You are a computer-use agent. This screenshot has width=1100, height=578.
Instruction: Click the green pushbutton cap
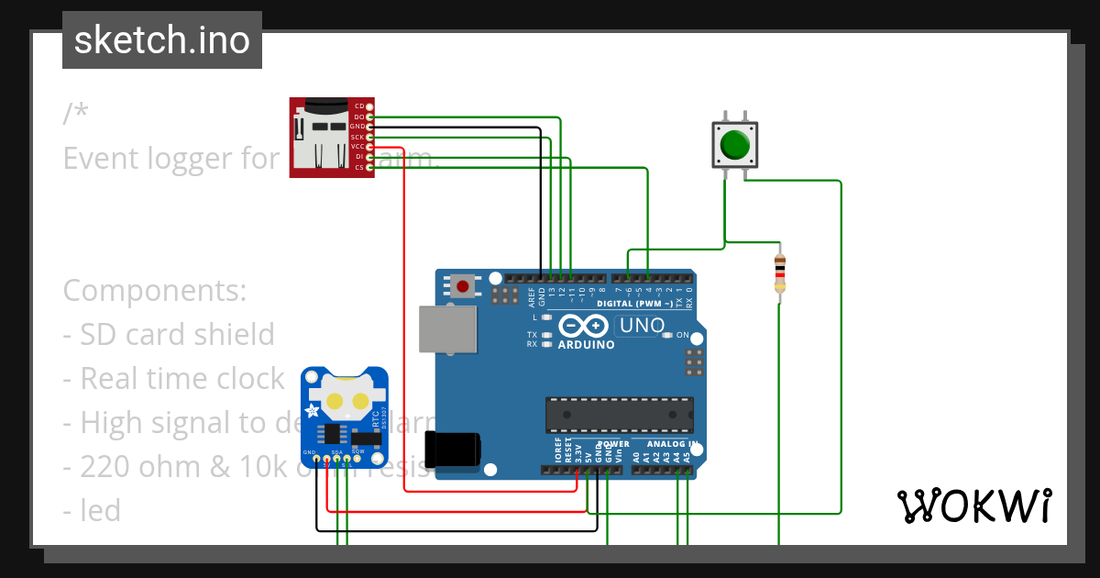tap(735, 145)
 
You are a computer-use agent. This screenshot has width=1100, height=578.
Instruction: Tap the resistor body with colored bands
tap(780, 272)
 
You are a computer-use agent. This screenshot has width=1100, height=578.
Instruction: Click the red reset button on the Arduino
tap(463, 286)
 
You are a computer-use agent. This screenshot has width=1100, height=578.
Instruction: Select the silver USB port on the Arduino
tap(447, 329)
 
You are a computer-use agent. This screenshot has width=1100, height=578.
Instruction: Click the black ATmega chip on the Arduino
tap(619, 415)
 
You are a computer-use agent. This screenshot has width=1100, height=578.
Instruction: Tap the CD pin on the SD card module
tap(369, 106)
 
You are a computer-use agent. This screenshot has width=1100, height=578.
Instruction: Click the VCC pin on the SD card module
tap(369, 147)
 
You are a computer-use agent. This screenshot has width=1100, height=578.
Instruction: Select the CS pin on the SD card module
tap(369, 167)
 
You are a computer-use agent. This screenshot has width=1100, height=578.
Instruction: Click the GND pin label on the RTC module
tap(310, 452)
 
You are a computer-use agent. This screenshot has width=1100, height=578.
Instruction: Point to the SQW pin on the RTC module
tap(358, 452)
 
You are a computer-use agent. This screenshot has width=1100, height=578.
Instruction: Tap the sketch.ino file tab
tap(162, 40)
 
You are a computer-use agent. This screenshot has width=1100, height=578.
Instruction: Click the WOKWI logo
tap(973, 506)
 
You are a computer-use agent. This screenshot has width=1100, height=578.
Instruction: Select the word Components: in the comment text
tap(154, 291)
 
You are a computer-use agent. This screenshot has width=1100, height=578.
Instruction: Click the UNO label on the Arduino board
tap(642, 325)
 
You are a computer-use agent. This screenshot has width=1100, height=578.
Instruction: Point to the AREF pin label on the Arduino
tap(532, 295)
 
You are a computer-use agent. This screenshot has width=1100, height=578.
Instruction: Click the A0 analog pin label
tap(636, 452)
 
